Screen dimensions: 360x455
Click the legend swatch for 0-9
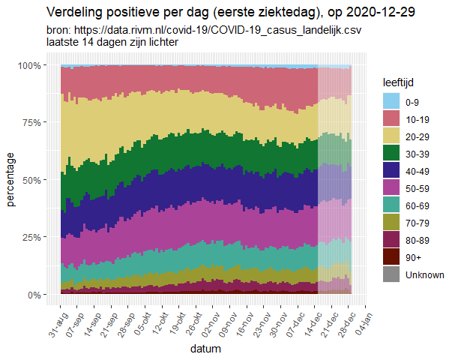tap(391, 101)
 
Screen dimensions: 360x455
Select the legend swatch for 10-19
tap(391, 118)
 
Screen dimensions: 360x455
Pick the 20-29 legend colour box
tap(391, 136)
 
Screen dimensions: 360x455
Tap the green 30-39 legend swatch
tap(391, 153)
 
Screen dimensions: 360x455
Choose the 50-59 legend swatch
tap(391, 188)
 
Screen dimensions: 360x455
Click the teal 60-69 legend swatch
tap(391, 205)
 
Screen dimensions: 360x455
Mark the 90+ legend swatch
tap(391, 257)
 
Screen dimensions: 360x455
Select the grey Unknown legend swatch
tap(391, 274)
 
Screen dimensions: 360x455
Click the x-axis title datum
tap(205, 349)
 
